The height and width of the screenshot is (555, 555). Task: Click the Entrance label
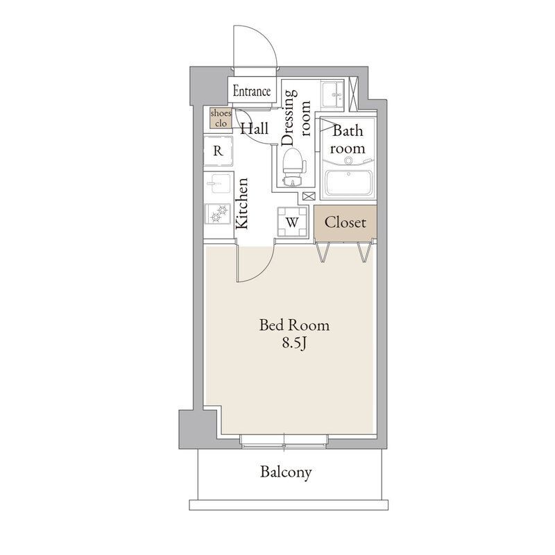coord(252,92)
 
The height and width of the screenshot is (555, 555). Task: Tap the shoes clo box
coord(220,118)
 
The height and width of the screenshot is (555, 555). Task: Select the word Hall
coord(255,128)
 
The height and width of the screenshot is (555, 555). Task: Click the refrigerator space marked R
coord(218,151)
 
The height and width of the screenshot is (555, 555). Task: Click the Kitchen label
coord(242,203)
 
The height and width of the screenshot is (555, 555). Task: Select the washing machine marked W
coord(292,222)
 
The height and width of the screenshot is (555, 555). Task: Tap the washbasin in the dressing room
coord(332,94)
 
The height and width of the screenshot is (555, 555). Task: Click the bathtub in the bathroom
coord(349,182)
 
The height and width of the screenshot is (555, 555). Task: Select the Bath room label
coord(348,139)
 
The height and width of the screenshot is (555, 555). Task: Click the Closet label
coord(345,222)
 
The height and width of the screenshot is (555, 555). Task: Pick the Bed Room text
coord(294,325)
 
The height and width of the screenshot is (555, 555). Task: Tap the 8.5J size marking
coord(293,343)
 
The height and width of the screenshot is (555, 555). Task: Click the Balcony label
coord(286,472)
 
